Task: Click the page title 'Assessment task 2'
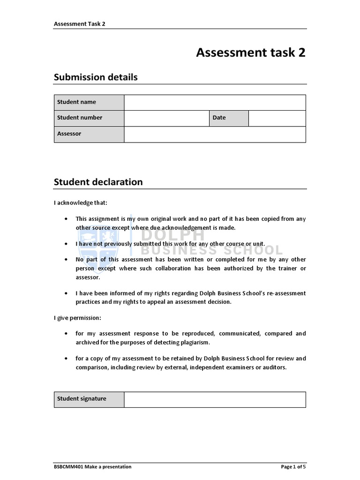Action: [250, 52]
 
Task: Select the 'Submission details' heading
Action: [96, 77]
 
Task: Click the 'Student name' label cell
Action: [89, 102]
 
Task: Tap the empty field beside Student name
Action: [215, 102]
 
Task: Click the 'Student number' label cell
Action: [89, 118]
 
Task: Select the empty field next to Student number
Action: [166, 118]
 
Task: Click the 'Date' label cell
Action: [229, 118]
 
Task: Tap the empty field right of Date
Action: [277, 118]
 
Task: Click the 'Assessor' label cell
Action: [89, 134]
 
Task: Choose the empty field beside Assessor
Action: [215, 134]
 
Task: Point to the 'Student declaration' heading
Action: [98, 182]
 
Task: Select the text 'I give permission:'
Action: [77, 318]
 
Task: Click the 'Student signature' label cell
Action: [89, 399]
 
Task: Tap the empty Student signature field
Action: [215, 399]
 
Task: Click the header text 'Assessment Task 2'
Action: [79, 23]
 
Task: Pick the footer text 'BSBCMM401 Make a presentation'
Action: [93, 466]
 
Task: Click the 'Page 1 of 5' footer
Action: [293, 466]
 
